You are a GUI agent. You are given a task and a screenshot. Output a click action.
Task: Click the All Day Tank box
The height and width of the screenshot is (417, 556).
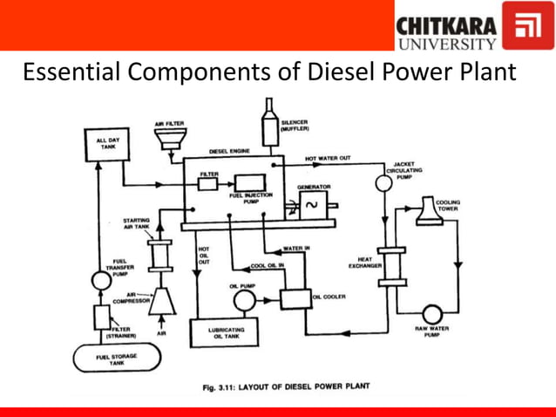[102, 147]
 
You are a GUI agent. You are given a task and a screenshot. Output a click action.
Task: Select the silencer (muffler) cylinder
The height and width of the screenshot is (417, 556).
[269, 117]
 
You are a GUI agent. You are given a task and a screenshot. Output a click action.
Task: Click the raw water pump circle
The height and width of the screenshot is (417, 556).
[431, 314]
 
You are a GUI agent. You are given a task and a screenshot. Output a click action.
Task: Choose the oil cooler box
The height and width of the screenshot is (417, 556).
[295, 298]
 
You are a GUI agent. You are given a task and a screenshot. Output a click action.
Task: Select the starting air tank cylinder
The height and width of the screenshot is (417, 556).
[161, 252]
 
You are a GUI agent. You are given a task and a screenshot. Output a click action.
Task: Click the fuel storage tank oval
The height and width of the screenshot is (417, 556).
[116, 358]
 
